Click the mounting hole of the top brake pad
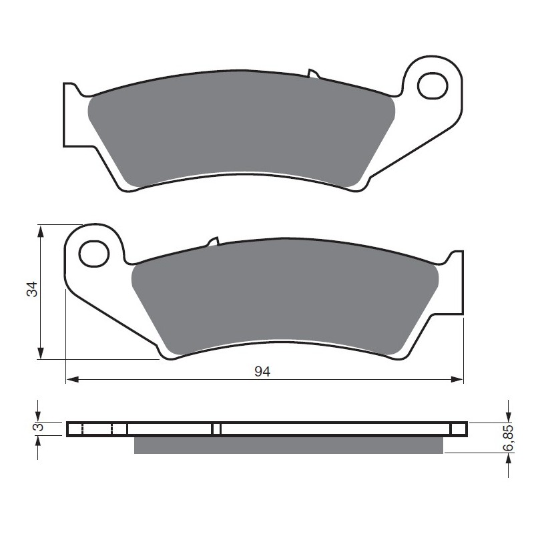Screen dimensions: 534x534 [433, 86]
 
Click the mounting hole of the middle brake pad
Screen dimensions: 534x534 [93, 254]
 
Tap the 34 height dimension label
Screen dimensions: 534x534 [32, 289]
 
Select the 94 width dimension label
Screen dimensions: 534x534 [262, 372]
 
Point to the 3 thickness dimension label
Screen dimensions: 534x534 [39, 427]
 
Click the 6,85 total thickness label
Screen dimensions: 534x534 [508, 438]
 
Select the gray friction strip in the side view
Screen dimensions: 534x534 [288, 445]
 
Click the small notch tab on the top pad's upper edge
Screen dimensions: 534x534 [312, 73]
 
